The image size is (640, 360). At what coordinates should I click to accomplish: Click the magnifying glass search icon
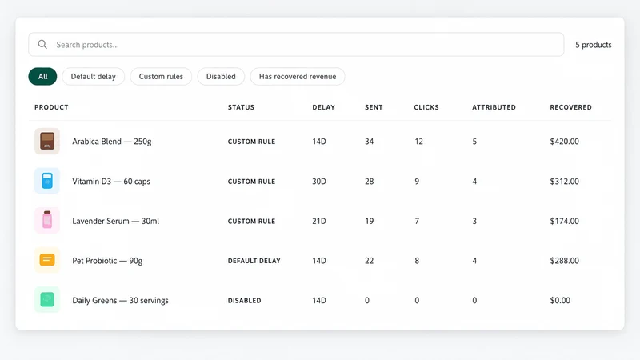click(x=42, y=45)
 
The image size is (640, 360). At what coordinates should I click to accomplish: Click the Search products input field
click(x=296, y=45)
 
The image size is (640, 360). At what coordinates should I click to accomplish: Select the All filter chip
click(x=43, y=76)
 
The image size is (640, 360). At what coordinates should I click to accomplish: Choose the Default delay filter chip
click(x=93, y=76)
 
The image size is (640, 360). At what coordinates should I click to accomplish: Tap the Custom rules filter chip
click(x=161, y=76)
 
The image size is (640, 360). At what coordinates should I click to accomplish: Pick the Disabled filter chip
click(x=221, y=76)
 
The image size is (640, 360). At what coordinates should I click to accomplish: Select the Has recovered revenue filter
click(x=298, y=76)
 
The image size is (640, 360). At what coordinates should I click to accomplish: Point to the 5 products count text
click(x=594, y=45)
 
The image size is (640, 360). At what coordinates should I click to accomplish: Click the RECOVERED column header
click(x=570, y=107)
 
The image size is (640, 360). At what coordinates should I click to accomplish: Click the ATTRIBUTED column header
click(x=494, y=107)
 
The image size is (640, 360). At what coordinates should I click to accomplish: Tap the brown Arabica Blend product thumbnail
click(x=47, y=142)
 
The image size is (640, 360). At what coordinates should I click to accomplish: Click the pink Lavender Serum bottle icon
click(x=47, y=221)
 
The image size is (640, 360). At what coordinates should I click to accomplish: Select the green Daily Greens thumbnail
click(x=47, y=299)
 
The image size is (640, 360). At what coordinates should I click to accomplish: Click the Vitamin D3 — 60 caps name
click(x=111, y=182)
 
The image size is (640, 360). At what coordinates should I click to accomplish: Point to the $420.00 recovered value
click(x=564, y=142)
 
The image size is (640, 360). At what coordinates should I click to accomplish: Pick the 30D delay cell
click(x=319, y=182)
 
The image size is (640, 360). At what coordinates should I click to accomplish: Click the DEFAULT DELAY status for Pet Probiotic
click(x=254, y=261)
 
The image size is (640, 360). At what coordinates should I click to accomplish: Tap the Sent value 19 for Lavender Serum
click(x=369, y=221)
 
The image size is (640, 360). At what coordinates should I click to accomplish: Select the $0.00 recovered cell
click(x=560, y=301)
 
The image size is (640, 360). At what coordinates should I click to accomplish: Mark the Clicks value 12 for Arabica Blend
click(x=418, y=142)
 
